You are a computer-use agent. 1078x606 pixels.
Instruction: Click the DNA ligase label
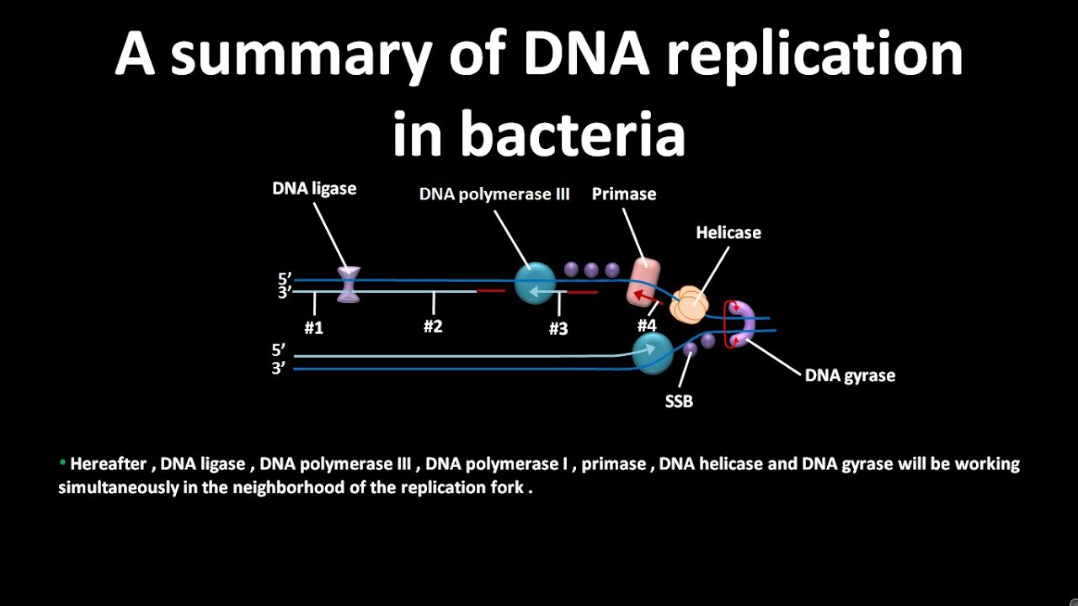[314, 189]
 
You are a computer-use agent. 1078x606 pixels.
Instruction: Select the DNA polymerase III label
[494, 194]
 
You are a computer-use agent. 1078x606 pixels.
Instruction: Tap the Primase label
[623, 194]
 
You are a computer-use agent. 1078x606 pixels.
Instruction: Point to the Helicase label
[728, 232]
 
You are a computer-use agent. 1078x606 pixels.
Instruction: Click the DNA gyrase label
[850, 375]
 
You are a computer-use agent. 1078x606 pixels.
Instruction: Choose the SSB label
[679, 401]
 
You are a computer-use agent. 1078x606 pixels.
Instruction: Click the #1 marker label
[314, 328]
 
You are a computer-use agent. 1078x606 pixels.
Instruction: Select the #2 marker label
[433, 327]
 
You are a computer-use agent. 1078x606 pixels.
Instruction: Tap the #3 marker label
[558, 329]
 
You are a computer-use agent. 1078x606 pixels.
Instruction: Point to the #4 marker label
[647, 326]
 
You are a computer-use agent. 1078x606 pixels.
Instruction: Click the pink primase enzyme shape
[644, 281]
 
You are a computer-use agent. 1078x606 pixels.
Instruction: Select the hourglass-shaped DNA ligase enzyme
[349, 284]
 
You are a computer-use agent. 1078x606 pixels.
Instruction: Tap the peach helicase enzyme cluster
[688, 306]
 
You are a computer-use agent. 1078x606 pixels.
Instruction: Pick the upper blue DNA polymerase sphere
[536, 283]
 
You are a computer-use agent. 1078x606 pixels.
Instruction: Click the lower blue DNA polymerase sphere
[653, 353]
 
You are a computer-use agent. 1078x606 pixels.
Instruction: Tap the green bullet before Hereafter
[62, 463]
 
